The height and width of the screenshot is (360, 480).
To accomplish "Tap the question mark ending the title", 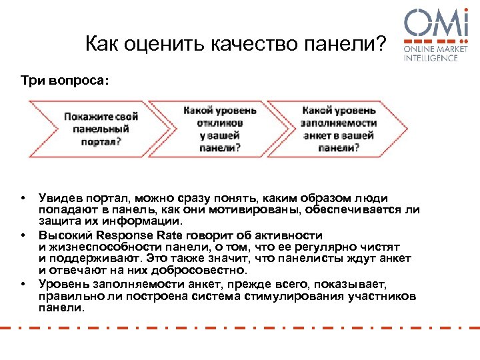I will [381, 44].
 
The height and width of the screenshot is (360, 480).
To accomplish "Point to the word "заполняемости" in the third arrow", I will [339, 123].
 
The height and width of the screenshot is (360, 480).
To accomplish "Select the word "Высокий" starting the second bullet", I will [65, 235].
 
